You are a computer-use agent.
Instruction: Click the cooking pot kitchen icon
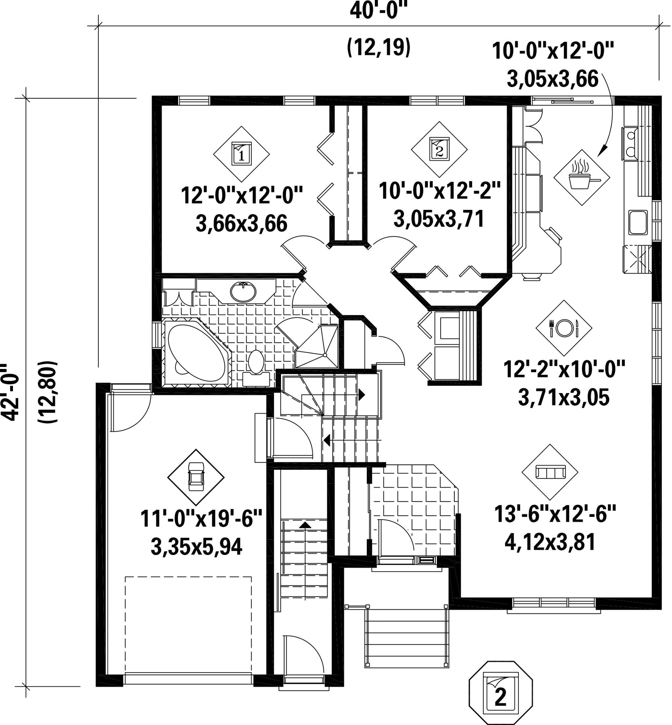[581, 178]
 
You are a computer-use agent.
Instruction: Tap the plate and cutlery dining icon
[564, 328]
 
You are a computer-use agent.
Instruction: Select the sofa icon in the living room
[550, 472]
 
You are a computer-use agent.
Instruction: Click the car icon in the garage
[196, 477]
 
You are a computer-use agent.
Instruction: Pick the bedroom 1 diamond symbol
[241, 154]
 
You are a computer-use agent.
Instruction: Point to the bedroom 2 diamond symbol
[439, 150]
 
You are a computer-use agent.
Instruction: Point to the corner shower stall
[317, 346]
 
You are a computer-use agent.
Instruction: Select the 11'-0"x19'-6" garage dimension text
[202, 519]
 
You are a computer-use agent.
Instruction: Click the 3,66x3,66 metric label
[241, 224]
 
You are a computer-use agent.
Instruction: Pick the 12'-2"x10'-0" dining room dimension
[564, 369]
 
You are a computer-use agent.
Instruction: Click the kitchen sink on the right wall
[637, 222]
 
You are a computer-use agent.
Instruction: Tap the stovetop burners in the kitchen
[629, 143]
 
